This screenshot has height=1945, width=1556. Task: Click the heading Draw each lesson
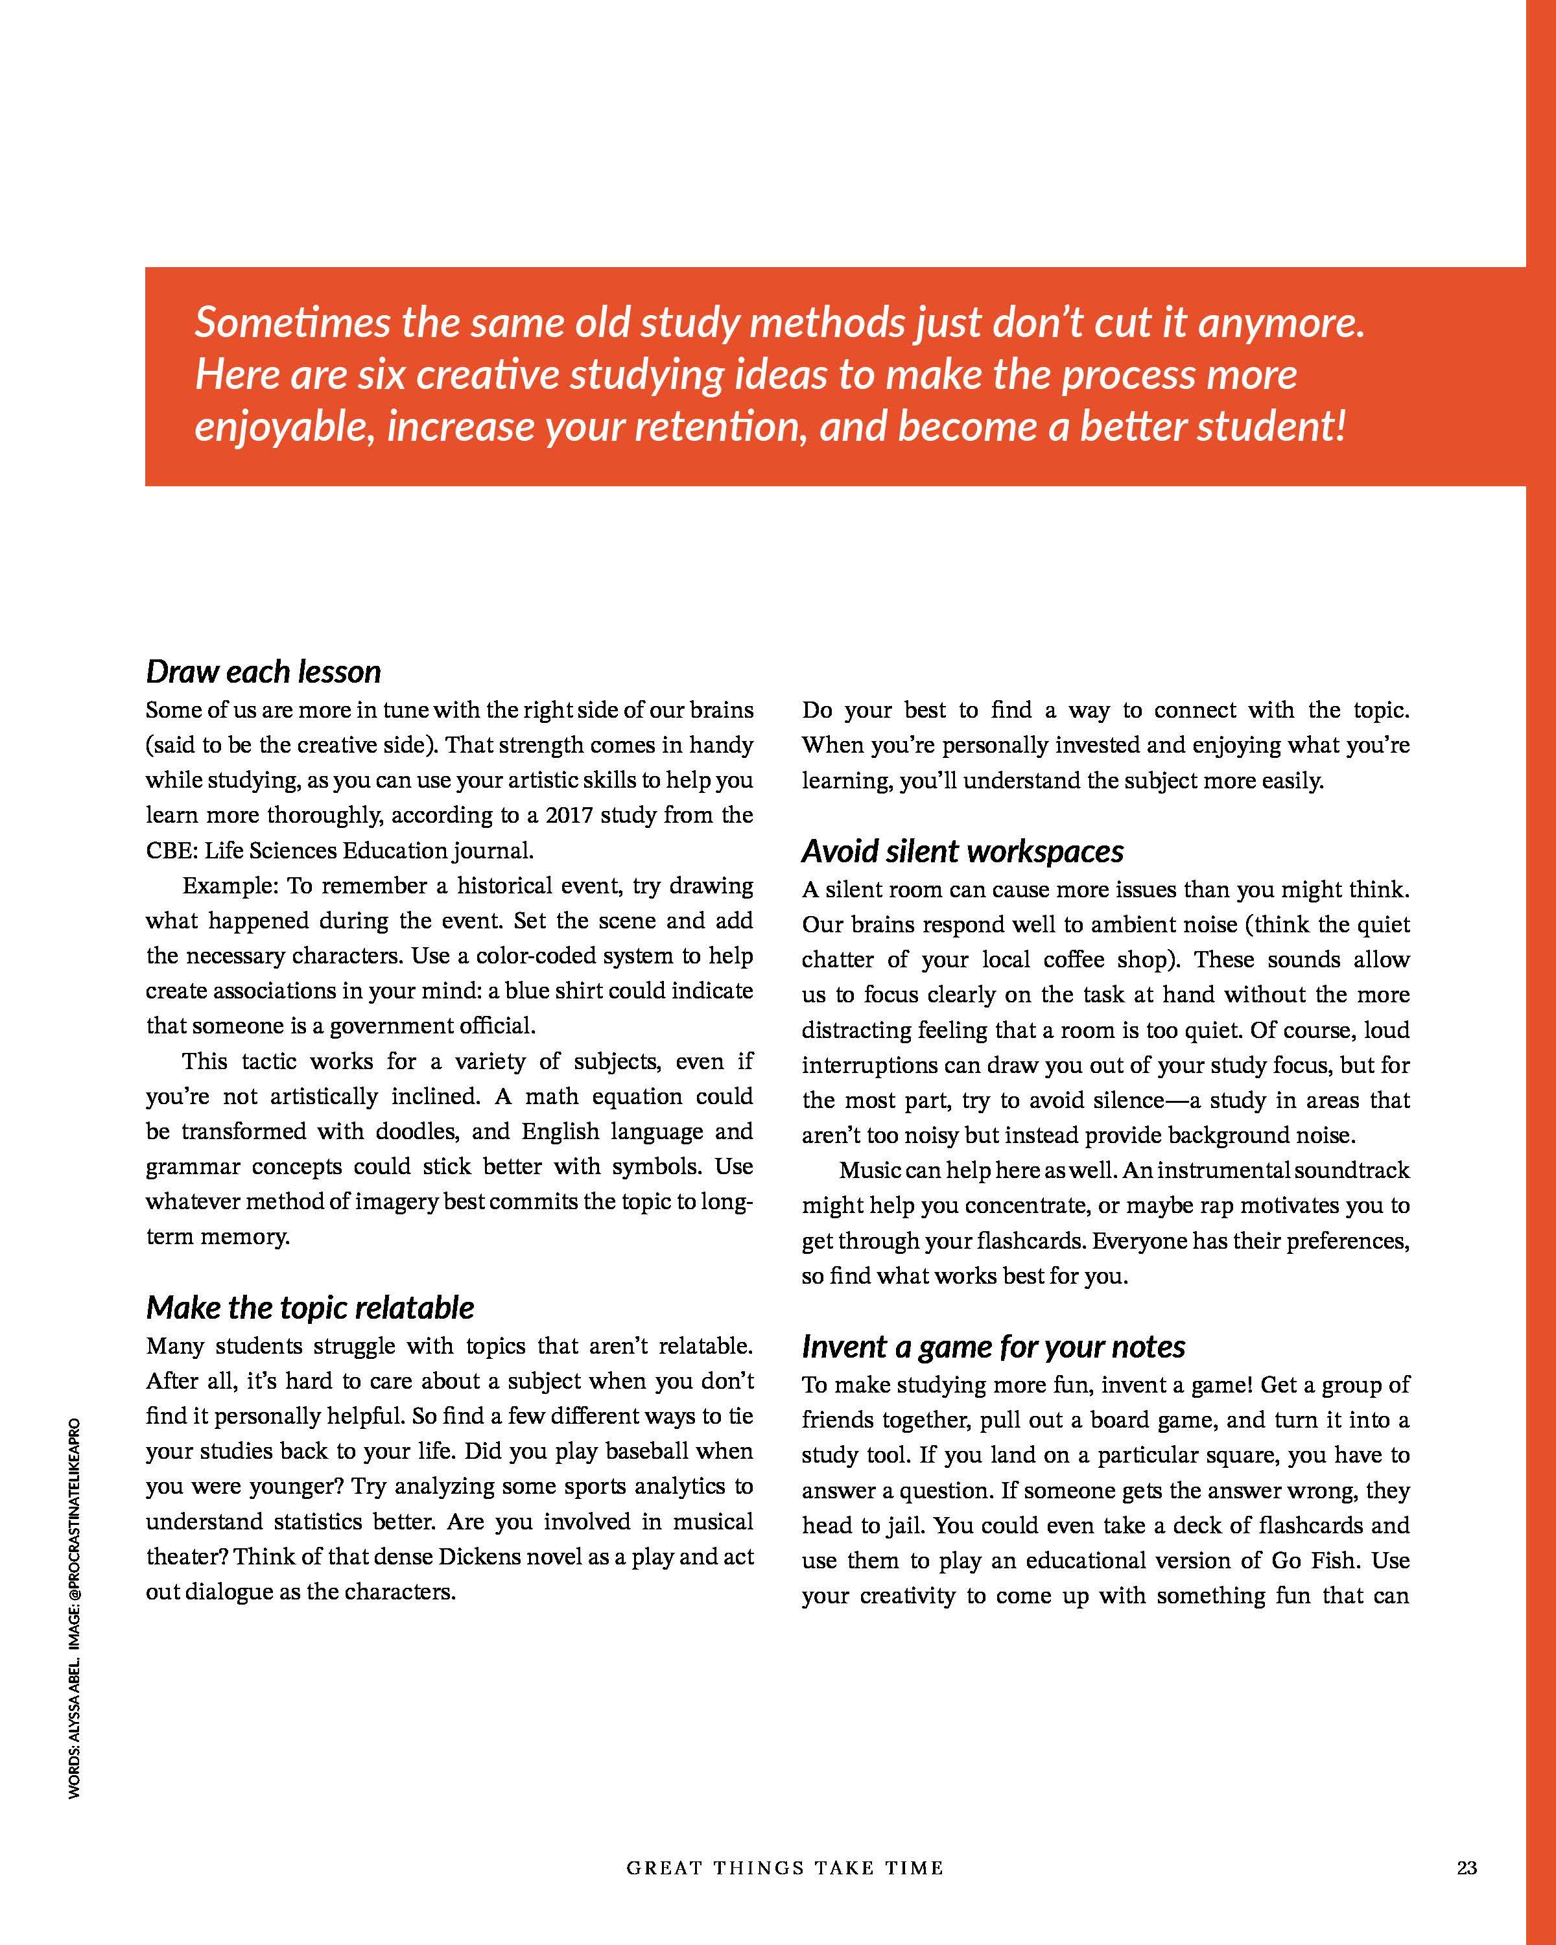click(x=263, y=672)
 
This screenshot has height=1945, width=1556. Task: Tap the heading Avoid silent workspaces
click(x=963, y=852)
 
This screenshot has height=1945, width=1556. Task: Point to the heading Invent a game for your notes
click(x=993, y=1347)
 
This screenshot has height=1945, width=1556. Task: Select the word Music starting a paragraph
click(x=869, y=1171)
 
